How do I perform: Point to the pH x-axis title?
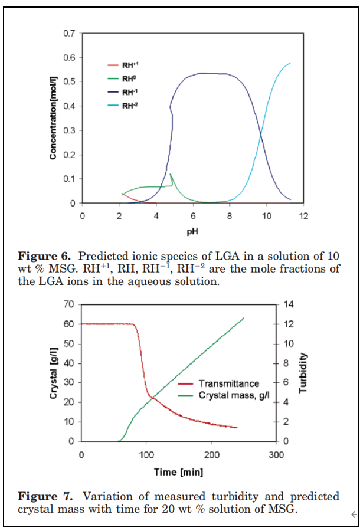click(x=192, y=231)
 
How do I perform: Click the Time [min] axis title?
click(x=178, y=472)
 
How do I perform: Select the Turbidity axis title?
click(x=304, y=373)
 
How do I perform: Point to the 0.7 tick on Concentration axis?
click(x=70, y=33)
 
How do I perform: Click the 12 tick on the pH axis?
click(x=304, y=216)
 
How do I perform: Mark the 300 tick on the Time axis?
click(x=276, y=455)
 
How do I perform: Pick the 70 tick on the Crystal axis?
click(x=70, y=304)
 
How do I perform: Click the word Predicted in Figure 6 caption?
click(x=105, y=256)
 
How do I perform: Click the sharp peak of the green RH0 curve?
click(x=171, y=174)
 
